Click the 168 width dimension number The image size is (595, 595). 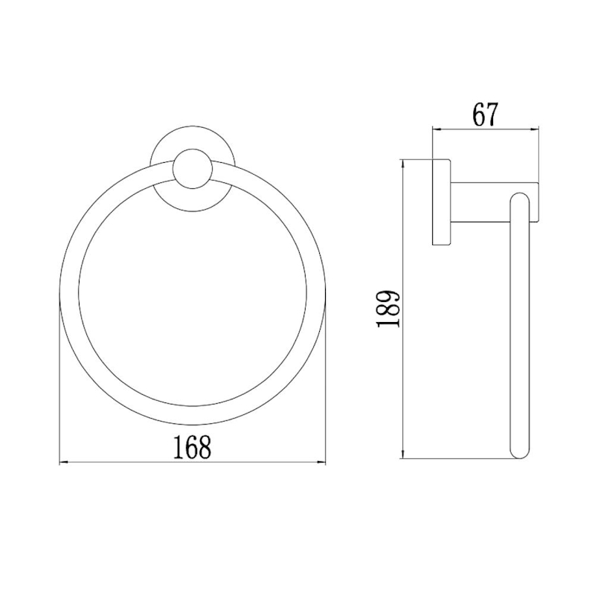(192, 448)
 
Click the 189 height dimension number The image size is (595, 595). (387, 309)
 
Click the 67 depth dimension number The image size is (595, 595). (485, 115)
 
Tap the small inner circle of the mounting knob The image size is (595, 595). (193, 169)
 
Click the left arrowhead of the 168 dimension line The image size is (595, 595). (64, 462)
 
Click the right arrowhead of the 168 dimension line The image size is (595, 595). (322, 462)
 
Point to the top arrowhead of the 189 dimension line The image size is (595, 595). (403, 164)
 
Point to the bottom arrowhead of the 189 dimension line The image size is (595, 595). (403, 454)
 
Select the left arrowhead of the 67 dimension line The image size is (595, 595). (437, 129)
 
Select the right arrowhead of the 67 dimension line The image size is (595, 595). (535, 129)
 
